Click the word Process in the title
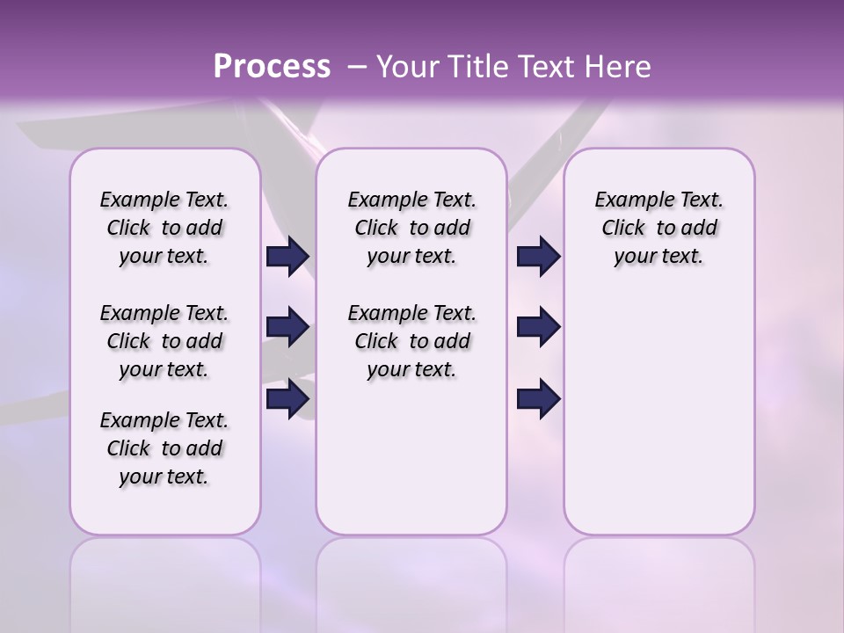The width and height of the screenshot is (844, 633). tap(272, 66)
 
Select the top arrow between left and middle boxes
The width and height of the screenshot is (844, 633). tap(287, 257)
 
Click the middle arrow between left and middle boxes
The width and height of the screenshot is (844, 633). tap(287, 327)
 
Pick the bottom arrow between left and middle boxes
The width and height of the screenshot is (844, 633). tap(287, 399)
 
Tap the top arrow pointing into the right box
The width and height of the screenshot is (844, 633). tap(538, 257)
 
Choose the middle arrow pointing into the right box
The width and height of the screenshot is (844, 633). tap(538, 327)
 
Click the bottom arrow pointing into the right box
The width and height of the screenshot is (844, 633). tap(538, 399)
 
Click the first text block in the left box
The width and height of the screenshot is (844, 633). tap(164, 228)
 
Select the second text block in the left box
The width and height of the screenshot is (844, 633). tap(164, 341)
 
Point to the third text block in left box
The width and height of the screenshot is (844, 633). tap(164, 448)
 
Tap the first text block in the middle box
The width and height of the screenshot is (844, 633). tap(411, 228)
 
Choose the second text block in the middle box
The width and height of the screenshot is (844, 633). tap(411, 341)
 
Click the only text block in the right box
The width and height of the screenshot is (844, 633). tap(658, 228)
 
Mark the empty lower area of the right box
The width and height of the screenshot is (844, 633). tap(658, 413)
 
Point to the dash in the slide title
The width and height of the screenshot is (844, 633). tap(357, 66)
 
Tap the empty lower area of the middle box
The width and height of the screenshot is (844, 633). tap(411, 457)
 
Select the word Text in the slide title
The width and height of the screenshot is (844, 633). tap(542, 66)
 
